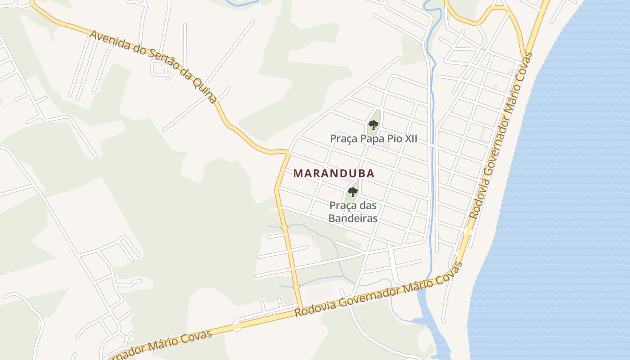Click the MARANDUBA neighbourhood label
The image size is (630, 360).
click(x=334, y=173)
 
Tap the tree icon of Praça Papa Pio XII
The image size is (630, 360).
click(x=373, y=125)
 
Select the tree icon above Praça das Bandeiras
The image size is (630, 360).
click(x=353, y=192)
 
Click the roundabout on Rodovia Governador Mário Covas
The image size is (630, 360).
click(x=237, y=327)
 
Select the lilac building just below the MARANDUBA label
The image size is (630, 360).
click(x=346, y=180)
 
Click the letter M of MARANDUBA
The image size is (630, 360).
click(x=297, y=173)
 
